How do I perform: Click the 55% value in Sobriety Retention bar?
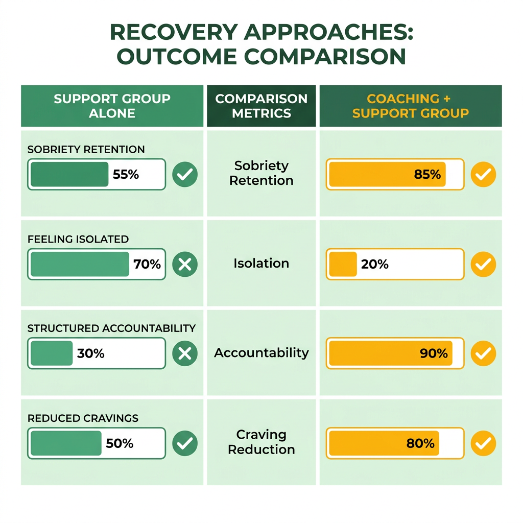tap(126, 174)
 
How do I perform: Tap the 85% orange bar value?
tap(427, 174)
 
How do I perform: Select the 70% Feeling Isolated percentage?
tap(147, 264)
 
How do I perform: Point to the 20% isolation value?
tap(374, 264)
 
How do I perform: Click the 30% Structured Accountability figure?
tap(91, 353)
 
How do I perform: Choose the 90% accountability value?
tap(434, 353)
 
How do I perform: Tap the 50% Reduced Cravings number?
tap(120, 443)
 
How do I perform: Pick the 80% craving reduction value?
tap(420, 443)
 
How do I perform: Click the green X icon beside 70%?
tap(185, 264)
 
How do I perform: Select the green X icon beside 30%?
tap(185, 353)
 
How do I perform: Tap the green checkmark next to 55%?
tap(185, 174)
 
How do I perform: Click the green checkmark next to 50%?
tap(185, 443)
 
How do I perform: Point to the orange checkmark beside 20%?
tap(483, 264)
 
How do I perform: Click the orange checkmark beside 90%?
tap(483, 353)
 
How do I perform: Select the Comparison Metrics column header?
tap(261, 106)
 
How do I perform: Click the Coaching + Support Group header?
tap(411, 106)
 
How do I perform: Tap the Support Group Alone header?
tap(112, 106)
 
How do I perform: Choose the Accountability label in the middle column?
tap(261, 353)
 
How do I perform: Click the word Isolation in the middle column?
tap(261, 263)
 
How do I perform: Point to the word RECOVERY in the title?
tap(174, 32)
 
